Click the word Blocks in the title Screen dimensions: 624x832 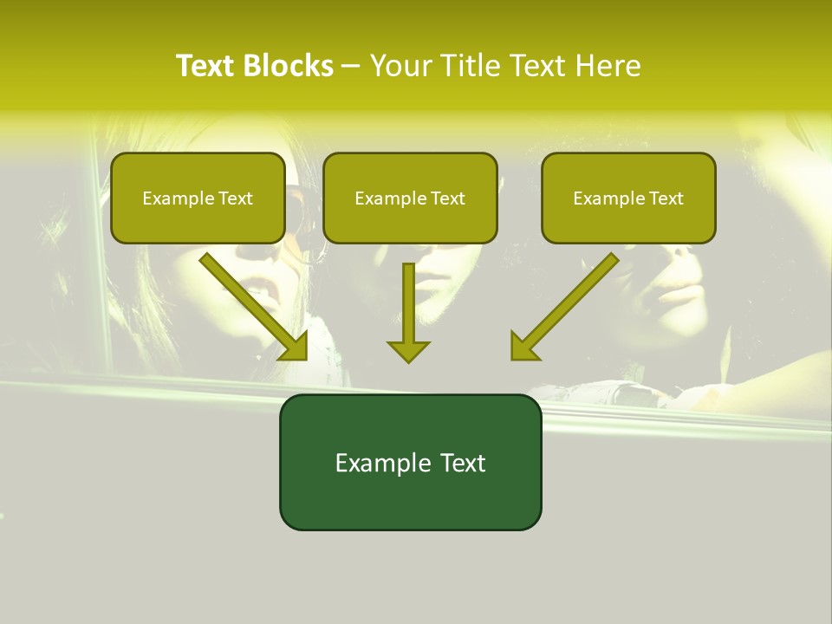point(289,66)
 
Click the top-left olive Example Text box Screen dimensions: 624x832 point(198,198)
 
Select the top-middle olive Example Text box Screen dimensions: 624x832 point(410,198)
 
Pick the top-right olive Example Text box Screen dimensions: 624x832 point(628,198)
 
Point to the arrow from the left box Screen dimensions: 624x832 point(251,303)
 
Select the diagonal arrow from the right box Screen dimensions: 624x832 point(568,303)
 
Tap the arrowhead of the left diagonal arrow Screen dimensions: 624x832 point(296,348)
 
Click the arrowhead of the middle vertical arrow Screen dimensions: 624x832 point(408,351)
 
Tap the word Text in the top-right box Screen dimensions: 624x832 point(666,198)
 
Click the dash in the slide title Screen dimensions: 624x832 point(351,66)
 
